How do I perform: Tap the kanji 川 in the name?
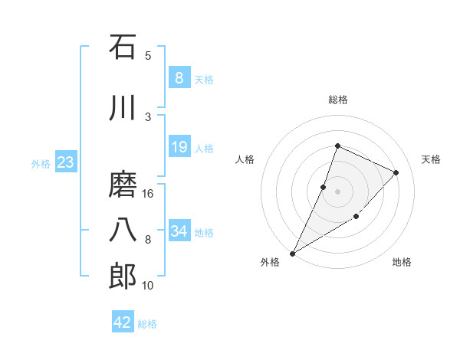122,109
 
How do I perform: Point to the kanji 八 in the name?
122,231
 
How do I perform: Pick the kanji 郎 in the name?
122,277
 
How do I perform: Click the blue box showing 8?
179,78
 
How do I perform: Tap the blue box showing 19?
179,147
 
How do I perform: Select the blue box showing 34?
179,231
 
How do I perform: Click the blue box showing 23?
65,162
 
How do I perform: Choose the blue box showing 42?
122,322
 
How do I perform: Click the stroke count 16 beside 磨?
148,193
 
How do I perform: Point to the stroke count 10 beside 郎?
148,286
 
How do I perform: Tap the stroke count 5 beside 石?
148,55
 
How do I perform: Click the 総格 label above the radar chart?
337,100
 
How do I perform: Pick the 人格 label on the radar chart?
245,159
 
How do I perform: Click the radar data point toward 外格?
292,254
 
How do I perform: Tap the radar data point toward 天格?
396,172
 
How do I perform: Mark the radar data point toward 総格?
337,146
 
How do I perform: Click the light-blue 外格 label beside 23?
41,163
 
